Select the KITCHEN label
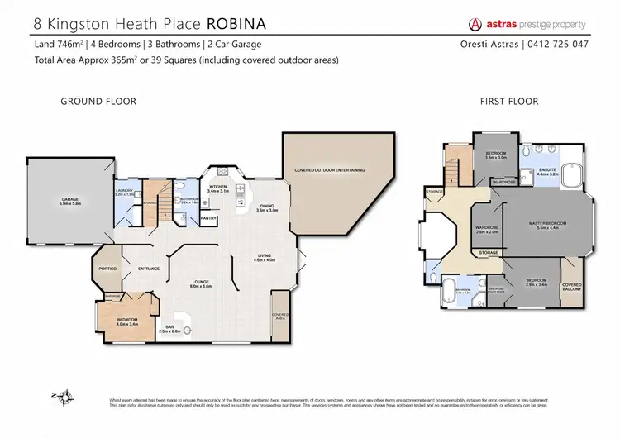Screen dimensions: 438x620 click(x=217, y=188)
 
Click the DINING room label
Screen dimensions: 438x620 click(x=266, y=207)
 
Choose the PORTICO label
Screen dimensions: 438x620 click(x=107, y=269)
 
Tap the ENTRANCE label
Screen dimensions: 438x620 click(x=149, y=269)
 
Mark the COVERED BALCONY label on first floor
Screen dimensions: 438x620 click(x=572, y=286)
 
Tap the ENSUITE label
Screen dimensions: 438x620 click(x=547, y=171)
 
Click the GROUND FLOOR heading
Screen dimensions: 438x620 click(x=98, y=102)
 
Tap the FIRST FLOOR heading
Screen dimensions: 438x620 click(x=509, y=102)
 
